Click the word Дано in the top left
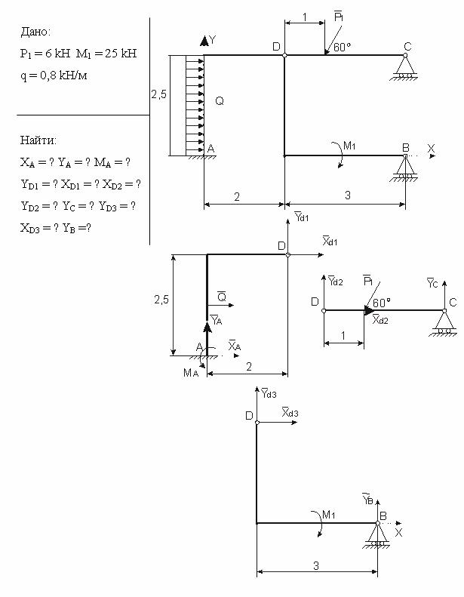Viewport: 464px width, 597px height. point(34,32)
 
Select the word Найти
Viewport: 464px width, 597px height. point(37,140)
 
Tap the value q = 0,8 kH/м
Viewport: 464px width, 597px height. point(54,75)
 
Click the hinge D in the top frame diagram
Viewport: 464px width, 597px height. point(284,55)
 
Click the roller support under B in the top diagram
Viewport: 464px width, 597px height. point(405,168)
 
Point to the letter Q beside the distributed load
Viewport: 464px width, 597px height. point(220,101)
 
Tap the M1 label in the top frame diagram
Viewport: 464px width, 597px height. point(349,146)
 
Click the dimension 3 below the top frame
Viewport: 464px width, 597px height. point(348,195)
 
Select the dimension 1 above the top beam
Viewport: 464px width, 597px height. point(305,17)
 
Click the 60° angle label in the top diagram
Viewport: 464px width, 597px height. point(342,47)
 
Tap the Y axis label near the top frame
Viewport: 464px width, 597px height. point(213,39)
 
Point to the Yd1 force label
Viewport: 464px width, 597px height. point(302,217)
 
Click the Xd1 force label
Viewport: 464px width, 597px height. point(330,241)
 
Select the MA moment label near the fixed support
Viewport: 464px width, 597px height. point(191,372)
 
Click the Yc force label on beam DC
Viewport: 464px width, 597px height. point(432,283)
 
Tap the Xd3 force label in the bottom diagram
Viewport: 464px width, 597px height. point(290,412)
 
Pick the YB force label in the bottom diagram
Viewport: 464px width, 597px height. point(367,499)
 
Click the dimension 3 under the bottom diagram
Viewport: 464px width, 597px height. point(316,566)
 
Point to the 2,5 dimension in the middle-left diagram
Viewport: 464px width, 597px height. point(161,300)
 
